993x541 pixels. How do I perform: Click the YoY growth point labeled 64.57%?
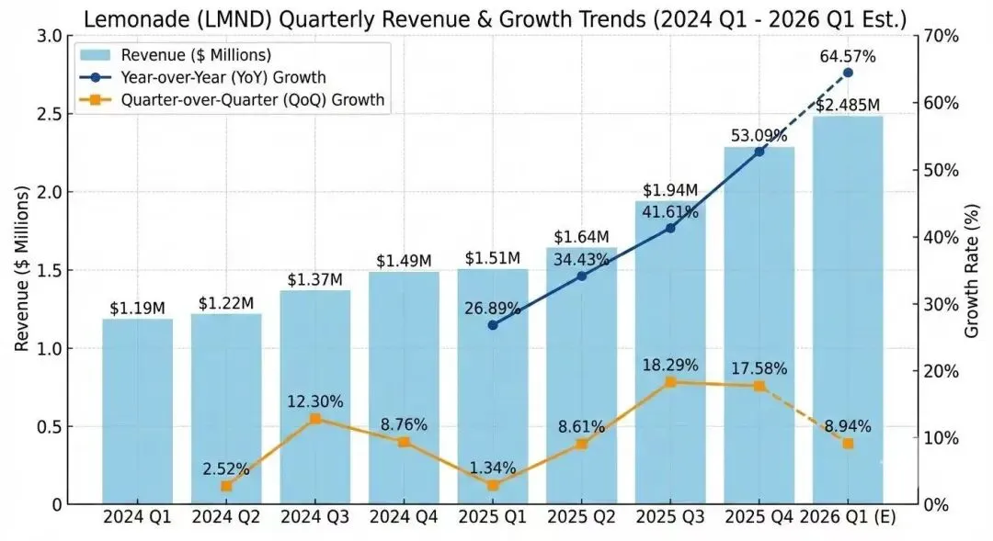[848, 73]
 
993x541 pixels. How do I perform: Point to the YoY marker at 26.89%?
[493, 325]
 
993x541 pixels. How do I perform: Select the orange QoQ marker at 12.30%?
[315, 419]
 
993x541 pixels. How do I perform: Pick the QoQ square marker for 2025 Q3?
[670, 382]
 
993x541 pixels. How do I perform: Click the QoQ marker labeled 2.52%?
[226, 486]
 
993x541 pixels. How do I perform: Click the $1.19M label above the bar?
[137, 308]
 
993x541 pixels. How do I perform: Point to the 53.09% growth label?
[759, 136]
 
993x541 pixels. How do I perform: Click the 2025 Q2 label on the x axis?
[581, 517]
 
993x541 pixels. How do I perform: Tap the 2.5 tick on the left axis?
[50, 114]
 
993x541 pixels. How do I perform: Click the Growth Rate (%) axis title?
[973, 270]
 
